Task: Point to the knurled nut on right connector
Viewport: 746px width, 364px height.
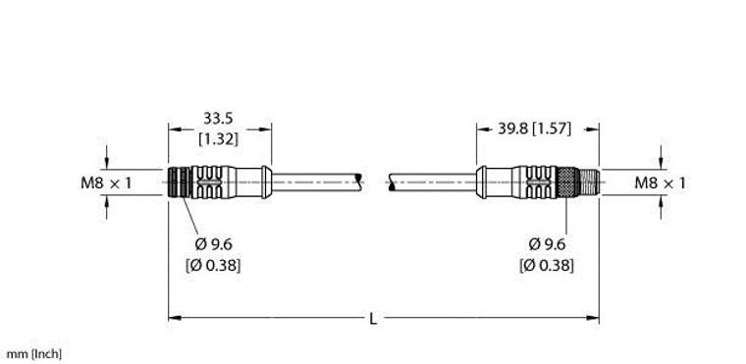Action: click(x=568, y=182)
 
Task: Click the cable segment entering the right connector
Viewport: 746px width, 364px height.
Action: click(x=432, y=182)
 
